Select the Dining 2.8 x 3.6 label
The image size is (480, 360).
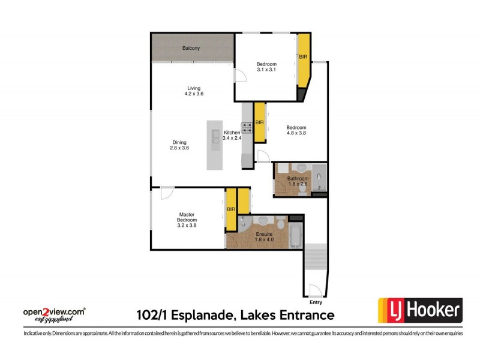click(x=179, y=145)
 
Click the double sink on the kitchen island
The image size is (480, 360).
click(x=215, y=137)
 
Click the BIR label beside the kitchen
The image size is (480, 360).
click(x=260, y=123)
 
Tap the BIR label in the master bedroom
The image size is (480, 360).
click(x=230, y=209)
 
